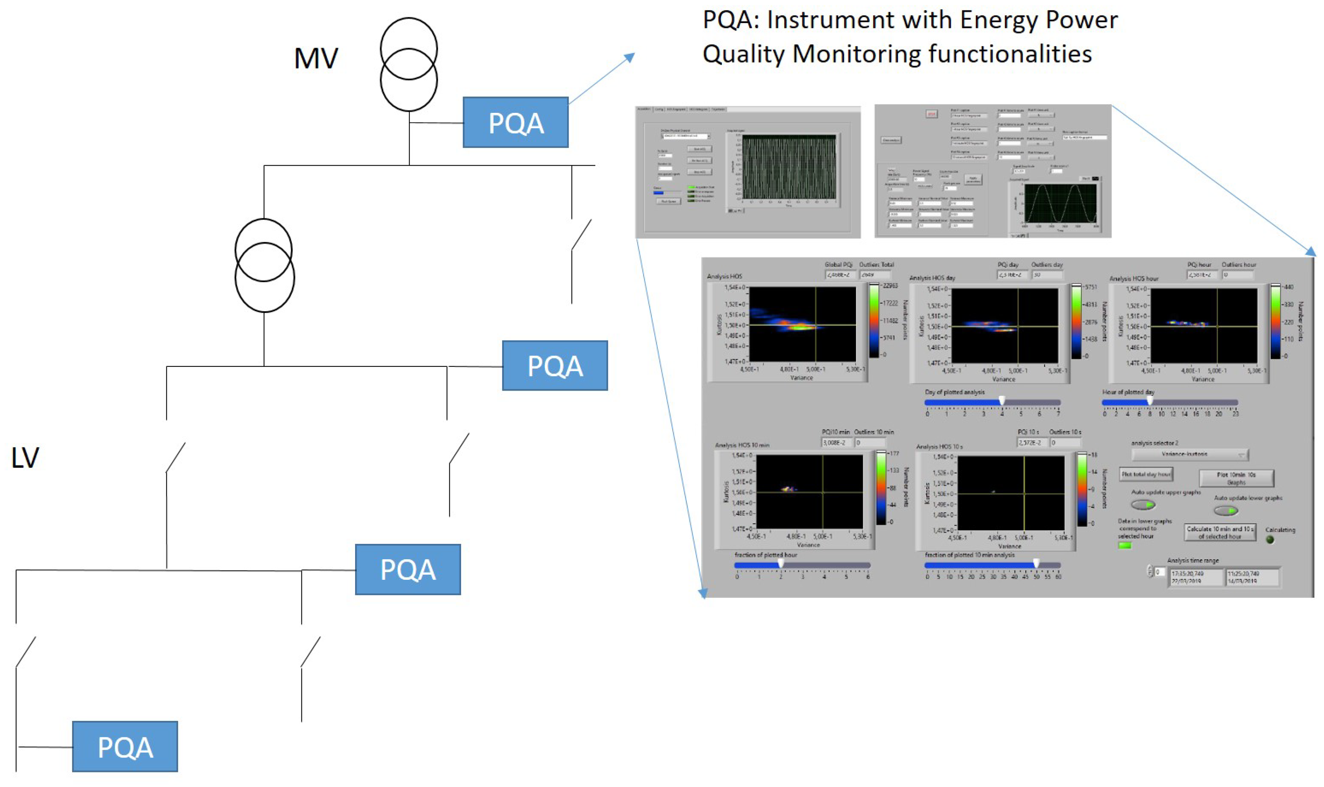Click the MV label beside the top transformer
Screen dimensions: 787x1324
[x=316, y=58]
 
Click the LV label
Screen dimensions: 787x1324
[x=25, y=458]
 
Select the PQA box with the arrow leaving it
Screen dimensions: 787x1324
[x=515, y=123]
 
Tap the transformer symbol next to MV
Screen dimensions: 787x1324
[x=409, y=64]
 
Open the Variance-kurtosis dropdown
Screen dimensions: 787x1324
[x=1189, y=454]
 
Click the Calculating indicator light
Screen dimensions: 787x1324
[x=1270, y=540]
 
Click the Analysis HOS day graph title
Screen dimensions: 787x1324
[x=932, y=278]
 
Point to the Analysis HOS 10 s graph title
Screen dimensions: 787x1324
[x=939, y=447]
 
